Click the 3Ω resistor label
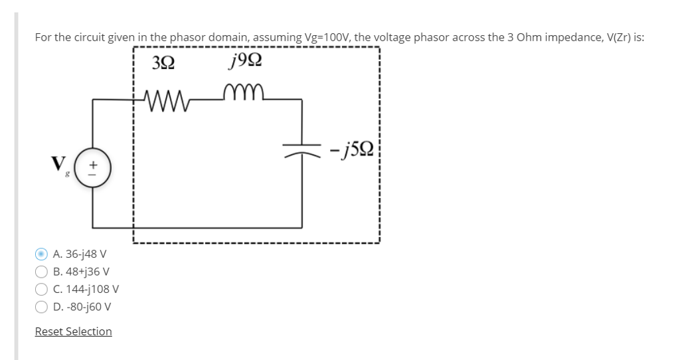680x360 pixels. [164, 64]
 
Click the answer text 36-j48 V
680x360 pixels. [80, 254]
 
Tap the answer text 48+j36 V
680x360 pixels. [81, 272]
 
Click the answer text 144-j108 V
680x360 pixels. [86, 289]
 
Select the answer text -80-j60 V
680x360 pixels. [82, 307]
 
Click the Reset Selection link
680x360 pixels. [73, 331]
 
